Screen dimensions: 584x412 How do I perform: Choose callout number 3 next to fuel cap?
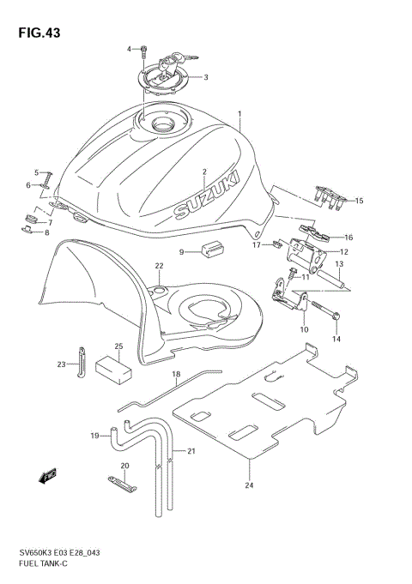pos(205,76)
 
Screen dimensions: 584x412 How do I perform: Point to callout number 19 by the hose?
pos(96,436)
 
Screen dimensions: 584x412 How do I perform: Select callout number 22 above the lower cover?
pos(159,266)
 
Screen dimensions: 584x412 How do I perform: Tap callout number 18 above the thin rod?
pos(175,374)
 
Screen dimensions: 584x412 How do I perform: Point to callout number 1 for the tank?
pos(239,113)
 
